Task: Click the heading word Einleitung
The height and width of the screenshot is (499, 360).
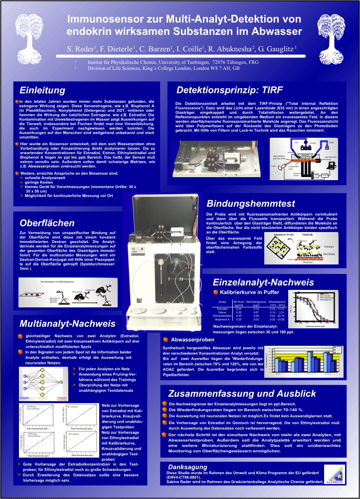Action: pyautogui.click(x=42, y=90)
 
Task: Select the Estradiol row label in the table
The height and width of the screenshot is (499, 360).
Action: pyautogui.click(x=222, y=309)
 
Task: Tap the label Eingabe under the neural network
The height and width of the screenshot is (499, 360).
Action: pyautogui.click(x=26, y=397)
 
